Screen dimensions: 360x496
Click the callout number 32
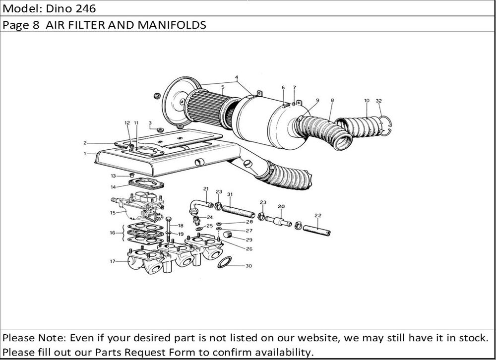click(x=379, y=101)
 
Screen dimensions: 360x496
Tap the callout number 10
click(x=367, y=101)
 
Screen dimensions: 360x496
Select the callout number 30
click(x=248, y=266)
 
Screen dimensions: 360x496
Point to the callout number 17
click(x=113, y=261)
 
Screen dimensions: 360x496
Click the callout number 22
click(x=318, y=215)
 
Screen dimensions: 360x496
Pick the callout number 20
click(x=281, y=206)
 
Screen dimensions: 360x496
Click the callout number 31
click(x=230, y=194)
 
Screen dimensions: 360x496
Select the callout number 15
click(x=113, y=213)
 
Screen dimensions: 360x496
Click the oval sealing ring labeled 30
click(x=225, y=262)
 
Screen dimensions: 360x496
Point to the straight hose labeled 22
click(x=316, y=231)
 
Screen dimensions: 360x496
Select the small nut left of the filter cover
click(x=157, y=95)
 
